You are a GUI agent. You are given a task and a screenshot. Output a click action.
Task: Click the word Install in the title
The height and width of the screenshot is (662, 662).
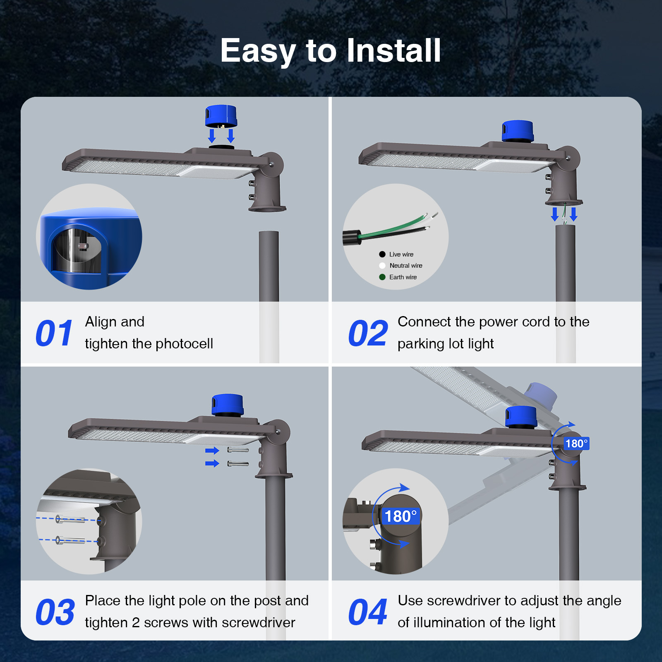click(x=393, y=50)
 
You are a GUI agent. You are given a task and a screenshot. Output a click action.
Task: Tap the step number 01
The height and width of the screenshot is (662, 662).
click(x=54, y=333)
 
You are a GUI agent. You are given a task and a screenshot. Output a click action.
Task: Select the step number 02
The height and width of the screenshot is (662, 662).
click(x=368, y=333)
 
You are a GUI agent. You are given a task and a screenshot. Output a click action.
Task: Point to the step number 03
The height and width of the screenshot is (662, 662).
click(x=55, y=612)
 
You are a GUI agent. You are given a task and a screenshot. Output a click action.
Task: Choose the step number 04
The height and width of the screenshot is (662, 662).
click(x=368, y=612)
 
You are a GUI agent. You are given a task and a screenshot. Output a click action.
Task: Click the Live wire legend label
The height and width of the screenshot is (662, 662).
click(x=401, y=254)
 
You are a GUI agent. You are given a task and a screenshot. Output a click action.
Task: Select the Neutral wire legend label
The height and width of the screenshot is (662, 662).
click(x=406, y=266)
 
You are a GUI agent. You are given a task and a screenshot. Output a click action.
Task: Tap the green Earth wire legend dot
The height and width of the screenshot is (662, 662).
click(x=382, y=277)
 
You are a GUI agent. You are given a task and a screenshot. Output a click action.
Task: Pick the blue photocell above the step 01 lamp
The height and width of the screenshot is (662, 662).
click(x=221, y=116)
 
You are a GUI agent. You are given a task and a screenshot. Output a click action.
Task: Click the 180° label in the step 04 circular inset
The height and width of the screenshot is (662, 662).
click(x=400, y=516)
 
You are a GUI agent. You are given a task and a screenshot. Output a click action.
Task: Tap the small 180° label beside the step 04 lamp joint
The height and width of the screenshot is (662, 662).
click(x=576, y=444)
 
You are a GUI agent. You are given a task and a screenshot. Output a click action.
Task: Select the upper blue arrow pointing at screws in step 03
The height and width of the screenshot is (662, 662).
click(x=212, y=451)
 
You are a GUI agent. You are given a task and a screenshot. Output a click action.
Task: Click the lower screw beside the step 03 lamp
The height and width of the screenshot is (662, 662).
click(x=238, y=464)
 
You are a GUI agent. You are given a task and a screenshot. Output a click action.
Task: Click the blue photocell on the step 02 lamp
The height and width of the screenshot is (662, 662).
click(x=518, y=132)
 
